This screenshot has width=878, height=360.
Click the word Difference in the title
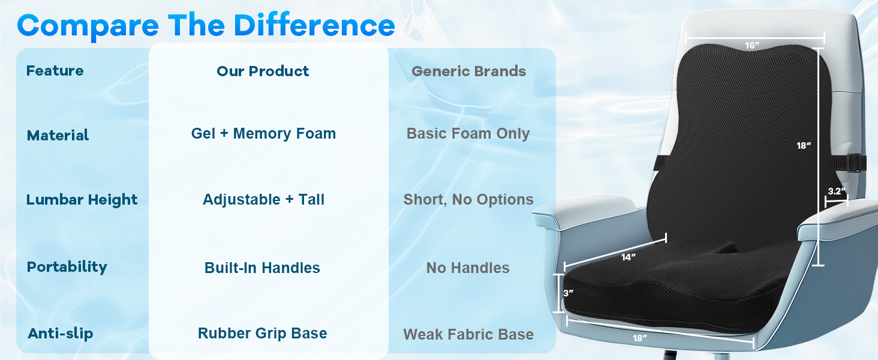314,25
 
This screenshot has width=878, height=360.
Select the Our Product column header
263,71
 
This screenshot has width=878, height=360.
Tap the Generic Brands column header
468,71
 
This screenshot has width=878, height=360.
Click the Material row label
58,135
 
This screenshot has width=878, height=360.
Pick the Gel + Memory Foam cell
263,133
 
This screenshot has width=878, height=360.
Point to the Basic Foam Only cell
468,133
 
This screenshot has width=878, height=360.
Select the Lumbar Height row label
82,200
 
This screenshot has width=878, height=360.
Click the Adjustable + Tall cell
263,199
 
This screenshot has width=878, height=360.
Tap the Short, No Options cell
468,199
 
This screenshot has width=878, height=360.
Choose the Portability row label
67,266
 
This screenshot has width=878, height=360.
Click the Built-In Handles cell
262,268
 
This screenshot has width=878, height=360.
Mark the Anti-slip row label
61,334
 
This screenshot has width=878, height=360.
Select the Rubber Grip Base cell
262,333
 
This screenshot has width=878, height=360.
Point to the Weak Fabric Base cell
468,334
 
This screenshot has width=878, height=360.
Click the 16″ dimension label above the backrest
752,46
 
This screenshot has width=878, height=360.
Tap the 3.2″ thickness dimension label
837,191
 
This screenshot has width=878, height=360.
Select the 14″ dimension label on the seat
629,257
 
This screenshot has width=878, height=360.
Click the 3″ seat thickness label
569,293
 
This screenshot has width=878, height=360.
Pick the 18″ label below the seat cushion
640,338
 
